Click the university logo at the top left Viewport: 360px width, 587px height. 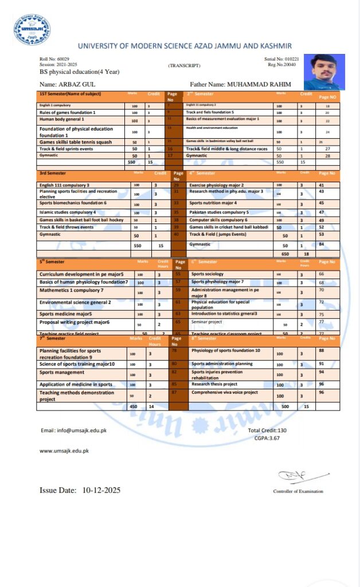[32, 30]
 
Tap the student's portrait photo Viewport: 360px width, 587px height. [324, 72]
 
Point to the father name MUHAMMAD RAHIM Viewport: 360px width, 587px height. [259, 84]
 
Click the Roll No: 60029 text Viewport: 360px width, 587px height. [54, 59]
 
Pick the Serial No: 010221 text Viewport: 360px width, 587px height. [281, 59]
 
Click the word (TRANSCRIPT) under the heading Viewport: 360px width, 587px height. [183, 66]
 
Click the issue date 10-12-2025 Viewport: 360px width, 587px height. [101, 490]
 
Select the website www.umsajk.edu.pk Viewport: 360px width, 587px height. [64, 451]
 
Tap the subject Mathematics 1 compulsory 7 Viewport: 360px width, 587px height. [72, 291]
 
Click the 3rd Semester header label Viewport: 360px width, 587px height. [53, 173]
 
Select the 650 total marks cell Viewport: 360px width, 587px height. [285, 253]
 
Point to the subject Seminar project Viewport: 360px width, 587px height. [207, 322]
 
